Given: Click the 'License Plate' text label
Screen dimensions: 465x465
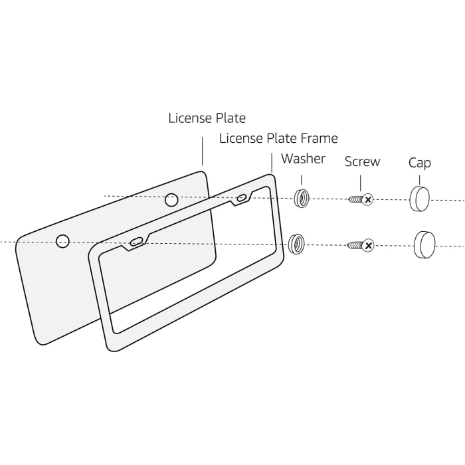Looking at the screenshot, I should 207,118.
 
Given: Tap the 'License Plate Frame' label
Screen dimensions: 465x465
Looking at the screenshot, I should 278,138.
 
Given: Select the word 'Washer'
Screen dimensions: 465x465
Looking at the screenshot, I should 303,159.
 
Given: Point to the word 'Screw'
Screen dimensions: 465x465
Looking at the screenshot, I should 362,161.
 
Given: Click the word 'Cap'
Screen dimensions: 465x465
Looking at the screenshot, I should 419,163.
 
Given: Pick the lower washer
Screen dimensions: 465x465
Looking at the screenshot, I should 297,243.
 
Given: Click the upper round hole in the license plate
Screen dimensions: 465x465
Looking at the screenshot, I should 171,199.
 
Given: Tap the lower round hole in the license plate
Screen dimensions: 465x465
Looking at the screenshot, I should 62,241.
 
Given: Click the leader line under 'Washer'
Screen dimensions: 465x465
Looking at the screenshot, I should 302,179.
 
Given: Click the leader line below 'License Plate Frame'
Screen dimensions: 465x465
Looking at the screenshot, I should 272,163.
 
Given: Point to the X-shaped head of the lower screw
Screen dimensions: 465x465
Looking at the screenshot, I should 368,246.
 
